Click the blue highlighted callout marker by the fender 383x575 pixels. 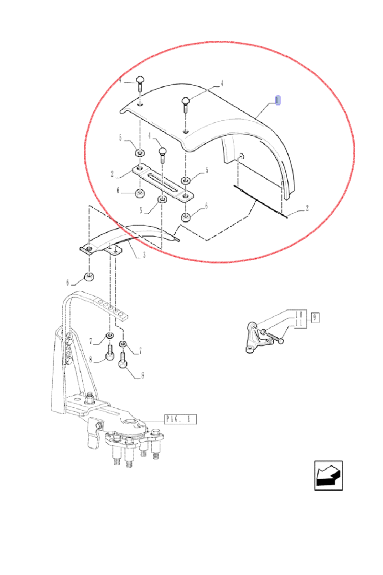click(x=278, y=100)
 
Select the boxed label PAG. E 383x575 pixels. click(x=180, y=419)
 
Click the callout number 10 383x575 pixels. click(x=299, y=315)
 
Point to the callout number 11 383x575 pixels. click(x=299, y=323)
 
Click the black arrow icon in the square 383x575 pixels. click(x=328, y=475)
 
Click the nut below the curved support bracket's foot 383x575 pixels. click(x=89, y=277)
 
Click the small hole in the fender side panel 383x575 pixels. click(x=242, y=155)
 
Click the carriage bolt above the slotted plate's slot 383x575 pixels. click(x=163, y=154)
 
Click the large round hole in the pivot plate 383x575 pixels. click(x=130, y=421)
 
